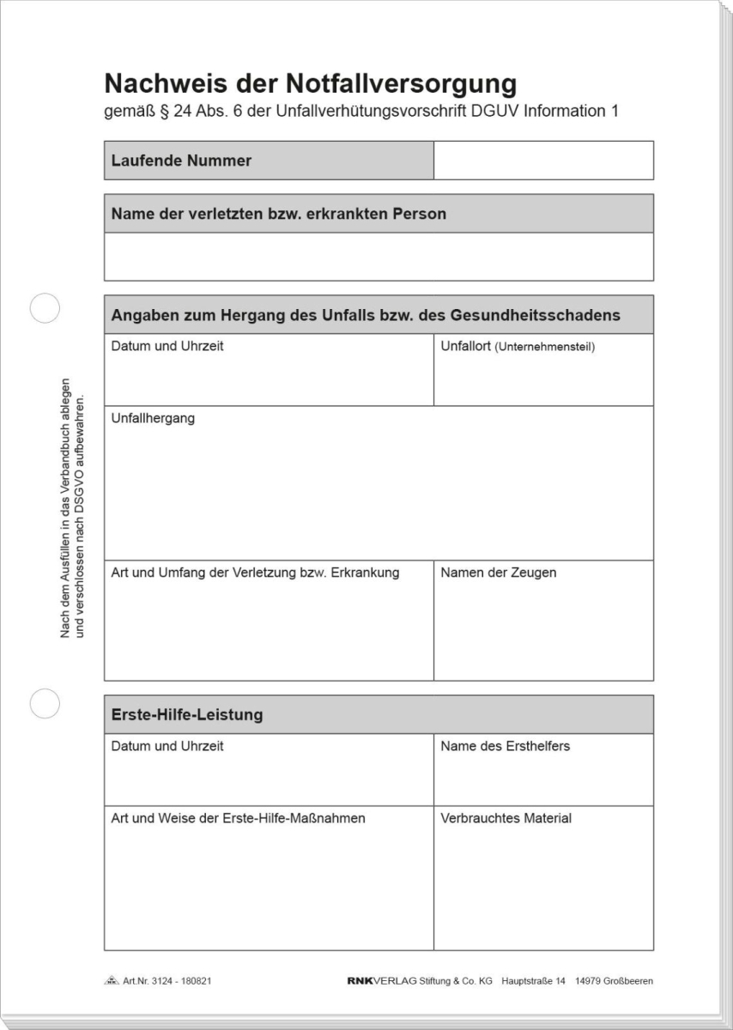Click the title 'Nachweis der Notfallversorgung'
310,84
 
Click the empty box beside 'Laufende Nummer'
543,161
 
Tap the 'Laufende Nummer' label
182,161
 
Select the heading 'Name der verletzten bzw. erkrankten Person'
279,214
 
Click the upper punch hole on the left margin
45,308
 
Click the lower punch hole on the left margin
45,703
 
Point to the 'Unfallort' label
467,347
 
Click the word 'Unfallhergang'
153,419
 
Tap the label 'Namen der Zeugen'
498,573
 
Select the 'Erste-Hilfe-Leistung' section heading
187,714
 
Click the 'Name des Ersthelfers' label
505,746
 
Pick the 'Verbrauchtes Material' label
506,818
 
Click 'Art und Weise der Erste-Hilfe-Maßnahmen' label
238,818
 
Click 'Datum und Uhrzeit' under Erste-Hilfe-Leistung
167,746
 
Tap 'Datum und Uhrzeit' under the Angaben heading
167,347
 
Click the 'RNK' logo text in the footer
360,980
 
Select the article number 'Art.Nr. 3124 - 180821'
167,980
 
